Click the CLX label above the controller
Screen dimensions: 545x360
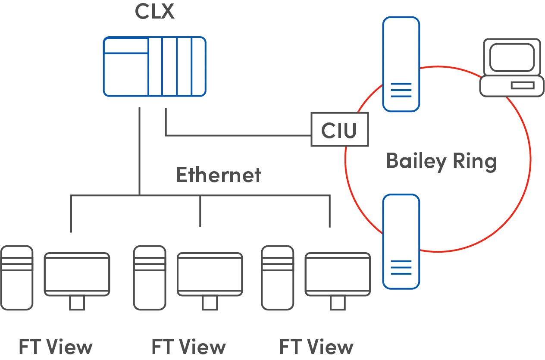pos(155,11)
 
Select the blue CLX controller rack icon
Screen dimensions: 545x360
pos(155,67)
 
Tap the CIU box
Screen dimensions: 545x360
pos(340,129)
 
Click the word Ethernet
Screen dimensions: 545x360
pos(219,175)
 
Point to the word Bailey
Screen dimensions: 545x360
pos(416,162)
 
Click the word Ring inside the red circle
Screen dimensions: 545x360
pos(475,161)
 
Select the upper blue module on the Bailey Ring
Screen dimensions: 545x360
pos(401,64)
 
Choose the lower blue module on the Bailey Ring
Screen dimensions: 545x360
pos(401,241)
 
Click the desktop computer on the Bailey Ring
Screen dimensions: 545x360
pos(512,68)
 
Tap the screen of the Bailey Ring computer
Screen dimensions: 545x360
pos(512,57)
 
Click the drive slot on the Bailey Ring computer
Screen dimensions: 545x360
pos(523,86)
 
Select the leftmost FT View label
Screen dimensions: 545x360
pos(56,347)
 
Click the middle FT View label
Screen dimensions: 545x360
pos(189,347)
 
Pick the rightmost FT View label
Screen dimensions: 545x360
pos(316,347)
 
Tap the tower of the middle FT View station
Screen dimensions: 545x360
pos(150,278)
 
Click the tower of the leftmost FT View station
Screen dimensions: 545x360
pos(17,278)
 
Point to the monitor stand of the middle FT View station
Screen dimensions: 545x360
pos(210,303)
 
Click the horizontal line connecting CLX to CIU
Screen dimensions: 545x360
pos(238,135)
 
